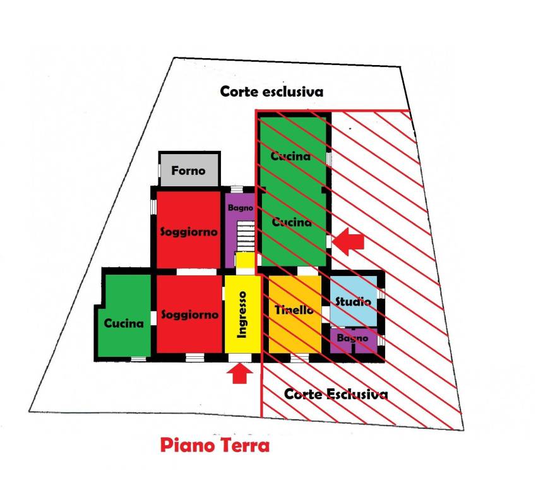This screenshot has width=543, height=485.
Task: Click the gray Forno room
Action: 189,170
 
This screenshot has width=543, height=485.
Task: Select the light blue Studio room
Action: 353,301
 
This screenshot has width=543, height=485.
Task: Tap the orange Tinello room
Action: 295,314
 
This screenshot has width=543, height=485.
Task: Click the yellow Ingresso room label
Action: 242,314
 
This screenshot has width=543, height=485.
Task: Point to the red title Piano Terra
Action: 215,445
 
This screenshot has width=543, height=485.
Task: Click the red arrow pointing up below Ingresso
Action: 240,374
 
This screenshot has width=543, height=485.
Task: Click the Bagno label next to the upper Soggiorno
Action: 241,208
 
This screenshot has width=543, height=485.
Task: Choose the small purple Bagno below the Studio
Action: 353,341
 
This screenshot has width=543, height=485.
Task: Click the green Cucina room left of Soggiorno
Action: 124,315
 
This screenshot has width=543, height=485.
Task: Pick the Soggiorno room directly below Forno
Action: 189,230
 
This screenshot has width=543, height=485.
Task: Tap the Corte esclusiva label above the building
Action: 271,92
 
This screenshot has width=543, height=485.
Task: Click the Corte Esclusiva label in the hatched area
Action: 336,394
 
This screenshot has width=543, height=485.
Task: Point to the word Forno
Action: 188,171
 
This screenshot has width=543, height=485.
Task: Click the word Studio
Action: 353,301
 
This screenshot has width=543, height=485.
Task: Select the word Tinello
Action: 294,309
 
